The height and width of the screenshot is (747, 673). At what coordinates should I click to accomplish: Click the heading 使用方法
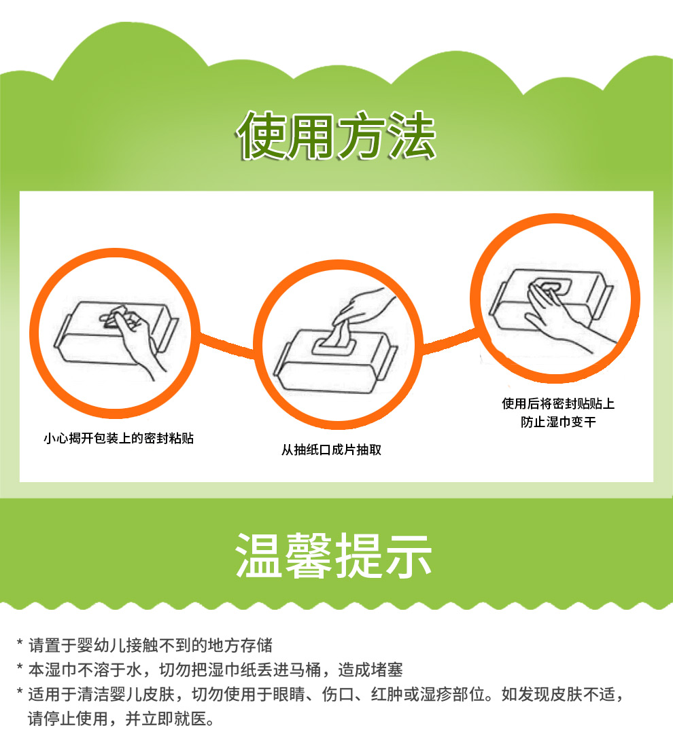point(336,135)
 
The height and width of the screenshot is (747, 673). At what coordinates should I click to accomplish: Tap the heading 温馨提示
point(334,555)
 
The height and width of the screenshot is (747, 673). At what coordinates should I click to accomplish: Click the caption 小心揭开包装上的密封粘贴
point(119,438)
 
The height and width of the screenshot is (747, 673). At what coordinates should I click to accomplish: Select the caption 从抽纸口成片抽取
point(332,450)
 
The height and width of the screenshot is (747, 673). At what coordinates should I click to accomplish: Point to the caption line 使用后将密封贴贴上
point(558,404)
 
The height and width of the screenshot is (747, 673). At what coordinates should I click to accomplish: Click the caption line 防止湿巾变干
point(558,422)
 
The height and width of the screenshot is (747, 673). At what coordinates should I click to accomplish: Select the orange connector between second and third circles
point(450,342)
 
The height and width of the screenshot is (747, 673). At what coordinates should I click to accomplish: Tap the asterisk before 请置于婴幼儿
point(20,642)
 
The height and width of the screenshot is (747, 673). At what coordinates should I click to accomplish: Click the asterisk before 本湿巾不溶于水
point(20,667)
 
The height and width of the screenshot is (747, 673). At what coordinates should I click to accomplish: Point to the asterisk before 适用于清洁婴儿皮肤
point(20,691)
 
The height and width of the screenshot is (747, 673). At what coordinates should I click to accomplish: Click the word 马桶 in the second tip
point(305,670)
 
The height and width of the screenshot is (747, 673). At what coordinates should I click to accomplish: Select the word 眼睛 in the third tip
point(289,694)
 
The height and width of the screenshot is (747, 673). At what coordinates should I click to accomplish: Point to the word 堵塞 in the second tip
point(387,670)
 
